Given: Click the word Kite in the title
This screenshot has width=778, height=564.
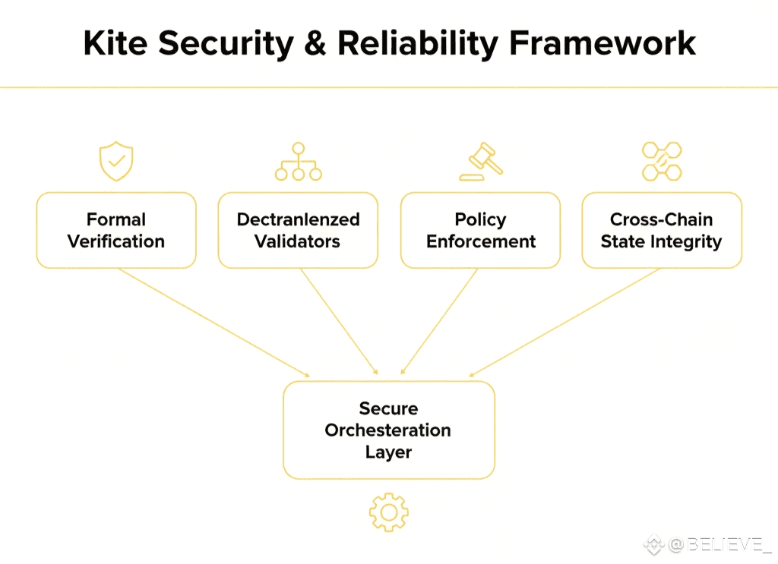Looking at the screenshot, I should [110, 43].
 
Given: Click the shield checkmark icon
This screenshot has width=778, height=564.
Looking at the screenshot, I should [116, 162].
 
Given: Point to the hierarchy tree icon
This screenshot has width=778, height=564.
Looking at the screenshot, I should [298, 162].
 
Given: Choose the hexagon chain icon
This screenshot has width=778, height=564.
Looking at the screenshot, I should [662, 161].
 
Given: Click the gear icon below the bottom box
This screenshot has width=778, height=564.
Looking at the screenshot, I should [389, 512].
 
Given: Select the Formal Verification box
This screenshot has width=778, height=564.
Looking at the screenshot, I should [116, 230].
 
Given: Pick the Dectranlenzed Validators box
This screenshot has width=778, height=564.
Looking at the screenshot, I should [298, 230].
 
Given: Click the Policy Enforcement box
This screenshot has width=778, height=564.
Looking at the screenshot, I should [480, 230].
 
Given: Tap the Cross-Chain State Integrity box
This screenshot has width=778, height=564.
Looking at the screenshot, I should [662, 230].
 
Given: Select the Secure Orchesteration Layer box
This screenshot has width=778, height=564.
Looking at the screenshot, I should [389, 430].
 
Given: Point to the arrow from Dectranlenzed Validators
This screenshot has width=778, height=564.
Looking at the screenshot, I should [339, 322].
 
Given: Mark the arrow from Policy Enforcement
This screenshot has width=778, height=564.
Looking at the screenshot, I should [439, 322].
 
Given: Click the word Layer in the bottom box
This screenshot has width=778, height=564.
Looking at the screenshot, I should [388, 452].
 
